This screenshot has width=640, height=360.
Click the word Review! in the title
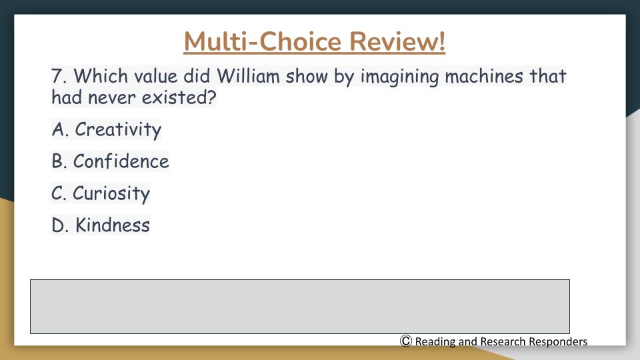click(397, 41)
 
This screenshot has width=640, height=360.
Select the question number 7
click(59, 76)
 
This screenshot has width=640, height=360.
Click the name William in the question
click(248, 76)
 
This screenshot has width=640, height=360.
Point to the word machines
click(484, 76)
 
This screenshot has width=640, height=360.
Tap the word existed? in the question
click(179, 97)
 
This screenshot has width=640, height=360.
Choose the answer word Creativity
click(118, 130)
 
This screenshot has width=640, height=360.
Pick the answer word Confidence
click(121, 161)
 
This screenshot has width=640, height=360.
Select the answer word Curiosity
click(111, 193)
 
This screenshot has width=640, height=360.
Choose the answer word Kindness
click(112, 225)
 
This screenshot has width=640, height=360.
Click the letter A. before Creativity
click(60, 129)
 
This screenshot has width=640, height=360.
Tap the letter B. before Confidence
click(59, 161)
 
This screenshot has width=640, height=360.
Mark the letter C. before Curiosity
click(59, 193)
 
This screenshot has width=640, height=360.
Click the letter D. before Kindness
click(60, 225)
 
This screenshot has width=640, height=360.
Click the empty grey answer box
click(300, 307)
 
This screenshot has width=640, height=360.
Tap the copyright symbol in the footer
click(406, 341)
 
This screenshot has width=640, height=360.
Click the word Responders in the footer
click(557, 341)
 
